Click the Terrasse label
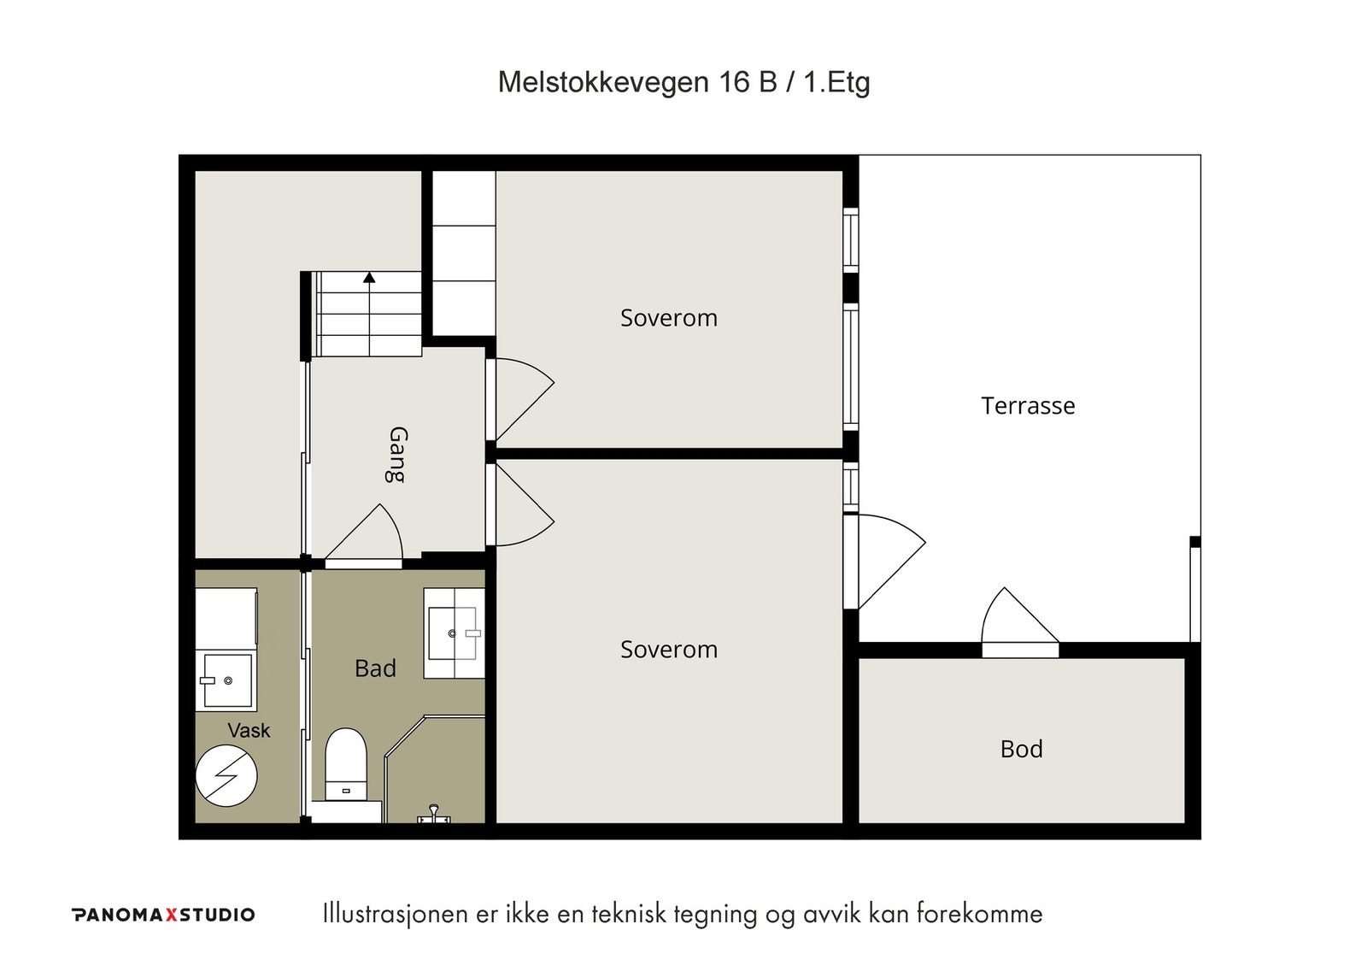click(x=1028, y=406)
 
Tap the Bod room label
click(x=1022, y=750)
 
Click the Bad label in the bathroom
click(x=375, y=668)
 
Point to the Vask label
click(x=249, y=730)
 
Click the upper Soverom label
click(x=669, y=318)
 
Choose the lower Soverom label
click(x=669, y=650)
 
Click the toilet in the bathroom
click(x=345, y=764)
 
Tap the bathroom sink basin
click(x=454, y=633)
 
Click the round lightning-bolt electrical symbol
click(x=226, y=776)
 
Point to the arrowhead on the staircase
click(x=369, y=278)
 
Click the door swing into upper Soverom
click(x=525, y=399)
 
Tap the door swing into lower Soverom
click(x=525, y=504)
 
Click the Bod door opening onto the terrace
click(x=1020, y=622)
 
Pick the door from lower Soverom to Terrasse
click(x=892, y=562)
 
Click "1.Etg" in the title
click(x=836, y=82)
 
